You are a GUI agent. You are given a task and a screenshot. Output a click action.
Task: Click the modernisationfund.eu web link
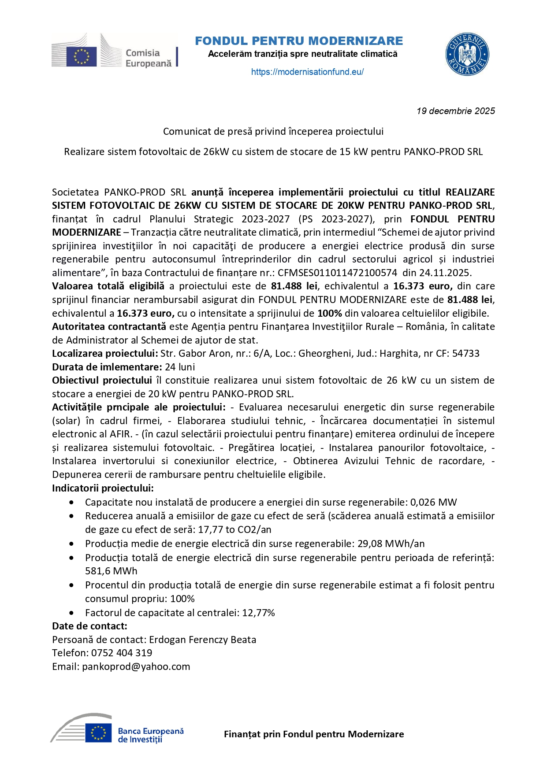[x=307, y=72]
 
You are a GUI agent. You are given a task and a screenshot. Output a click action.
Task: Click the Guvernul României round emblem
[x=467, y=55]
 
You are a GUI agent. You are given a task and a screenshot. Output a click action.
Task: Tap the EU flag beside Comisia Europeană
[x=81, y=56]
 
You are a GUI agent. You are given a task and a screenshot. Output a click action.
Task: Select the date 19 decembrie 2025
[x=455, y=111]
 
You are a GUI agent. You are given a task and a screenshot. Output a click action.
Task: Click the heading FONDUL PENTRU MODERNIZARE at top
[x=299, y=41]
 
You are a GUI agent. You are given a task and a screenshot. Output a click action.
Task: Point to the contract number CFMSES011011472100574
[x=337, y=273]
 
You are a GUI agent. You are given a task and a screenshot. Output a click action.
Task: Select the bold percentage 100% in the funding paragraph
[x=330, y=313]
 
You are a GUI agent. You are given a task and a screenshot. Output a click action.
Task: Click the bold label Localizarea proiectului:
[x=105, y=353]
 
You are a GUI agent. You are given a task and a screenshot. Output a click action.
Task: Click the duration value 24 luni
[x=180, y=367]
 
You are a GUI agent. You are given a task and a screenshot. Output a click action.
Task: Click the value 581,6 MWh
[x=111, y=571]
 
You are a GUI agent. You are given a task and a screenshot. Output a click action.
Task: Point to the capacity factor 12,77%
[x=258, y=613]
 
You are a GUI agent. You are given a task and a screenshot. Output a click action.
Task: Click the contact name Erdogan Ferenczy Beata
[x=202, y=640]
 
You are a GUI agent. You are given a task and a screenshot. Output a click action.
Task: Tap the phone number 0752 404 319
[x=122, y=653]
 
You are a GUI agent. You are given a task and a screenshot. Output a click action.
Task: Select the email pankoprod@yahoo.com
[x=136, y=666]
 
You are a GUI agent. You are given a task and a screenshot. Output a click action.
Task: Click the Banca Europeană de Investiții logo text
[x=150, y=735]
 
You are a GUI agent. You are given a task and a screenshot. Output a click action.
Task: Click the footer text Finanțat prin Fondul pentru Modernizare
[x=314, y=734]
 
